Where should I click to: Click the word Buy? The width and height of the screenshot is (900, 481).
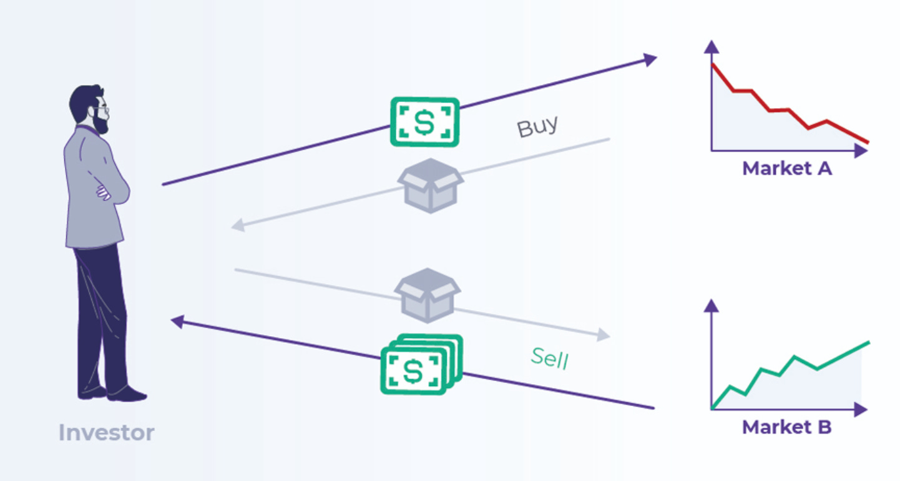[537, 126]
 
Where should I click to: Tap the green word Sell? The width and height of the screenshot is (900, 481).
[550, 359]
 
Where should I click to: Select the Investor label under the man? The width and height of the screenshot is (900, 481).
[106, 432]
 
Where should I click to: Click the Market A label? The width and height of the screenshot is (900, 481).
[786, 168]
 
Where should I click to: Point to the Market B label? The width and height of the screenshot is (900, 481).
[786, 427]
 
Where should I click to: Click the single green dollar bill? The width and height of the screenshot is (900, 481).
[424, 122]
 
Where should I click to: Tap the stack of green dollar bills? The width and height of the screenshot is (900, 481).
[421, 365]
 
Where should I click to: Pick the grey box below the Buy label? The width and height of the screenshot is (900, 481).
[431, 185]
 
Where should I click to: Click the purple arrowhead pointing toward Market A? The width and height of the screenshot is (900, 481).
[650, 59]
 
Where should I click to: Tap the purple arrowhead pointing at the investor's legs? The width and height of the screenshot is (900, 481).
[177, 322]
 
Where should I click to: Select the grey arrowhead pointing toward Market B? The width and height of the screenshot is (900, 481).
[602, 335]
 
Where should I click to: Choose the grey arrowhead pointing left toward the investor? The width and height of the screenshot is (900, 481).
[237, 226]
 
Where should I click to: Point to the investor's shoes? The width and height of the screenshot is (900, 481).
[112, 393]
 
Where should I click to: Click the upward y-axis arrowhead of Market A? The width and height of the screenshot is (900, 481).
[712, 46]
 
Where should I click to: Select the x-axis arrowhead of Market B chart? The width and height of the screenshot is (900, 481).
[861, 410]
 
